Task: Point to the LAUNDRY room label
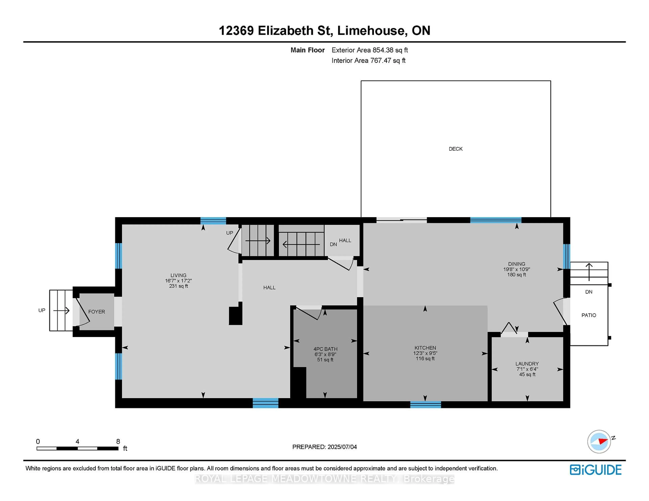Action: [527, 364]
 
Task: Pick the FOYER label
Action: [97, 312]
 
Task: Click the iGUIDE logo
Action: [596, 470]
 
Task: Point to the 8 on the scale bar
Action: [118, 441]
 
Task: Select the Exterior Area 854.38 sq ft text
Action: [370, 50]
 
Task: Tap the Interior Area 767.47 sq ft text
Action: [368, 61]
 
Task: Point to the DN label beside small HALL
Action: [333, 244]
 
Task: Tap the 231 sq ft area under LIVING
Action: [178, 286]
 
